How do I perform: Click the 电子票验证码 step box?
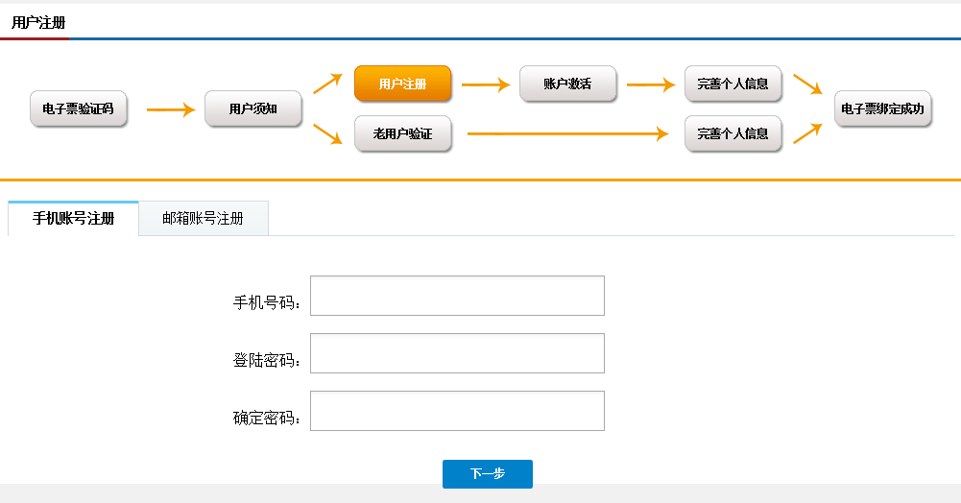click(x=79, y=109)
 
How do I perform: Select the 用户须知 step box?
click(x=253, y=109)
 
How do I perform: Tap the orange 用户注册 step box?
click(x=402, y=84)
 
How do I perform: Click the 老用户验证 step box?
click(x=402, y=133)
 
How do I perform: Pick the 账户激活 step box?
click(x=567, y=84)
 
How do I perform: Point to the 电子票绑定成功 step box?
click(x=882, y=109)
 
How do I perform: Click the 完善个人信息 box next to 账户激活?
click(x=733, y=84)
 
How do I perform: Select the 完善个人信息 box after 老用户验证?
click(x=733, y=133)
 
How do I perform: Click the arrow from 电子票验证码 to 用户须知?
click(x=171, y=109)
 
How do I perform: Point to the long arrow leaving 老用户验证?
click(x=567, y=133)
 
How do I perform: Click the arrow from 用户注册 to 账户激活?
click(x=486, y=84)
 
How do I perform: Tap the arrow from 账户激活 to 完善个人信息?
click(x=651, y=84)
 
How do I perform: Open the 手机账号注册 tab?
click(x=74, y=218)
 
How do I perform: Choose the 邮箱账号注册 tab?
click(x=203, y=218)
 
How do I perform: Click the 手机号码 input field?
click(x=457, y=296)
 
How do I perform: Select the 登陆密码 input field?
click(x=457, y=353)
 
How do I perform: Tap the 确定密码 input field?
click(x=457, y=411)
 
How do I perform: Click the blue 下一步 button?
click(x=488, y=474)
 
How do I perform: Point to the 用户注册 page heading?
click(x=38, y=23)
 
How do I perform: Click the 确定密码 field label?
click(x=267, y=418)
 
